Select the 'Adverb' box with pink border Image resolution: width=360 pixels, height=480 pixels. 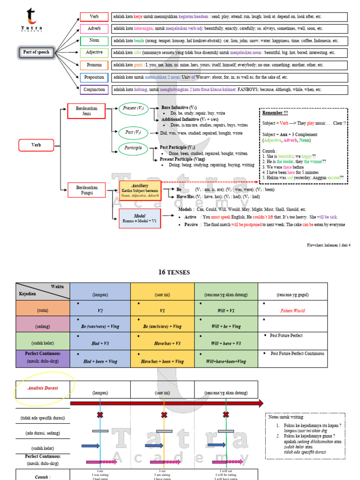[x=94, y=29]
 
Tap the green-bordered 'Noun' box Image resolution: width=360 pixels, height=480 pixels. [x=94, y=41]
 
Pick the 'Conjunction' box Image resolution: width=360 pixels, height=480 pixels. [x=94, y=90]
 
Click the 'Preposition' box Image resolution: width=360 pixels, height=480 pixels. [x=94, y=77]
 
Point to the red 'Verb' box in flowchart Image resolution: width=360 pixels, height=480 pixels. [x=36, y=145]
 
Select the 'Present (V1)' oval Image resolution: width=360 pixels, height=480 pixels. [x=133, y=109]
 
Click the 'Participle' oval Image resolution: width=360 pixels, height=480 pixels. [x=133, y=149]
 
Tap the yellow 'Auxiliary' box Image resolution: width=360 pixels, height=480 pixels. [x=140, y=190]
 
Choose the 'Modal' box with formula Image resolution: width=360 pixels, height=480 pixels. [x=140, y=218]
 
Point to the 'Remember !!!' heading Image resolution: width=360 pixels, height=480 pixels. [x=275, y=113]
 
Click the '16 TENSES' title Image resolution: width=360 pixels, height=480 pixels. [x=174, y=272]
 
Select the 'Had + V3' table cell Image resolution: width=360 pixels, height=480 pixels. [x=100, y=344]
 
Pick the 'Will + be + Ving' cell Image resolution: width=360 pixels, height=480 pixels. [x=226, y=326]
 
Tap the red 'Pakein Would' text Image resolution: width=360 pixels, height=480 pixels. [x=292, y=310]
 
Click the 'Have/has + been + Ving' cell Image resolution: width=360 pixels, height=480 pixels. [x=162, y=361]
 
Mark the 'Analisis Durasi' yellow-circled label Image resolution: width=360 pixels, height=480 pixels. [x=43, y=388]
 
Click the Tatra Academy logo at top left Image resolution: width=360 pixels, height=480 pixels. [x=31, y=20]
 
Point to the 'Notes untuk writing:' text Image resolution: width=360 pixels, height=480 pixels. [x=286, y=417]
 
